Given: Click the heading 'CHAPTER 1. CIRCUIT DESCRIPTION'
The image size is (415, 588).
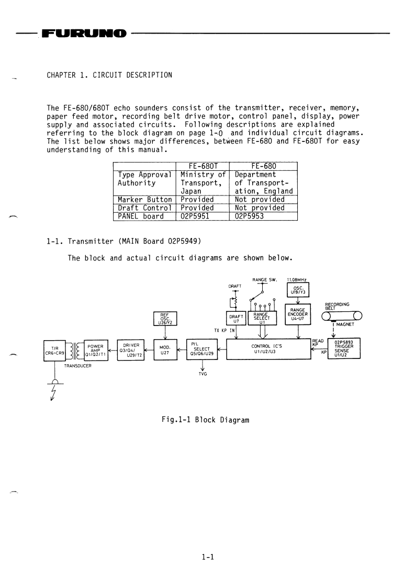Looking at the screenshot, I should (109, 75).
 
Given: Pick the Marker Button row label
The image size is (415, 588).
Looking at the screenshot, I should (144, 199).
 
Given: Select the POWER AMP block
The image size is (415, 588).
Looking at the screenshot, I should (96, 349).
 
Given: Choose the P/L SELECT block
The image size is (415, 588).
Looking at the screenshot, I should (206, 349).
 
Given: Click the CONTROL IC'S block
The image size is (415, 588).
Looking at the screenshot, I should (268, 349).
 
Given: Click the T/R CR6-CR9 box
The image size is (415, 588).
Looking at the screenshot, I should (54, 349).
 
